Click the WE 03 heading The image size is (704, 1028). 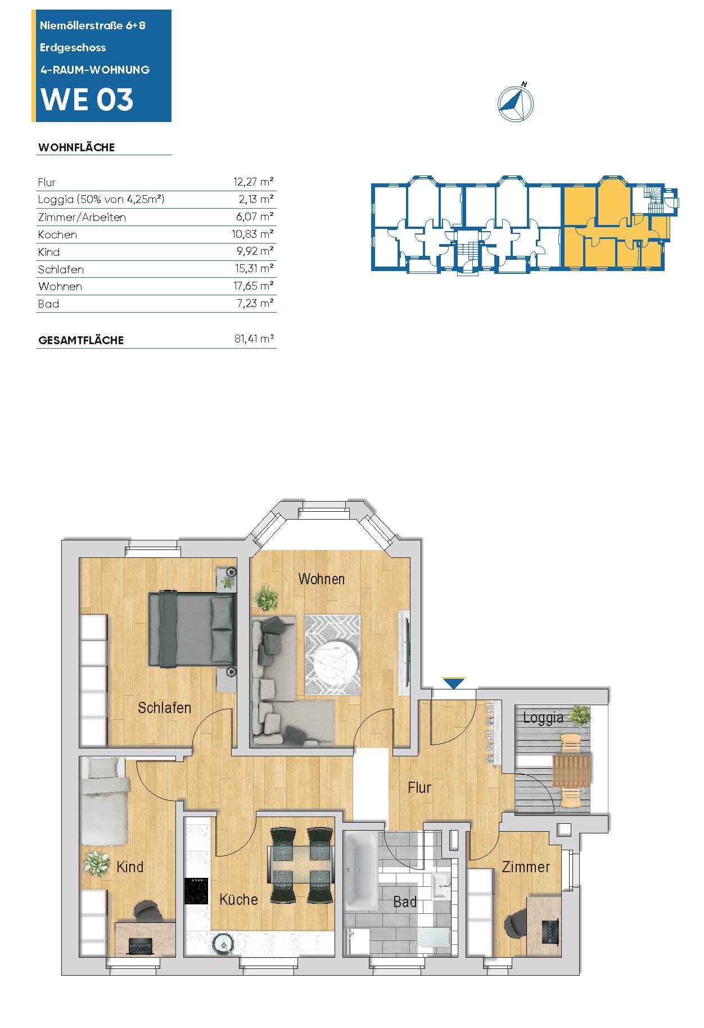tap(87, 100)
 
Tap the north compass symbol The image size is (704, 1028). tap(515, 103)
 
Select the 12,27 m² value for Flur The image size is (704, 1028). tap(253, 182)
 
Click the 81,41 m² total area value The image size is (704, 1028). tap(254, 339)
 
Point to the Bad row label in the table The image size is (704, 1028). tap(48, 304)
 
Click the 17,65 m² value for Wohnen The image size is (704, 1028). tap(253, 286)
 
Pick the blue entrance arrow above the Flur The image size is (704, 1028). tap(454, 683)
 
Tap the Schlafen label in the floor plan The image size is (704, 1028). tap(165, 707)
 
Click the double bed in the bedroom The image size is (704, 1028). tap(192, 629)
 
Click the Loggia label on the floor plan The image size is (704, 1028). tap(543, 718)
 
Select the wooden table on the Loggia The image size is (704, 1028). tap(571, 770)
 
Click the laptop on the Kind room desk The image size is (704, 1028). tap(141, 946)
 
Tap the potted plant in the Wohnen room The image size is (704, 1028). tap(267, 598)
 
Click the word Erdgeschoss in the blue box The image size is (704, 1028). tap(73, 48)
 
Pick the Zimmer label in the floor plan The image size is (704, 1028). tap(526, 867)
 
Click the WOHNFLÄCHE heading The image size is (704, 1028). tap(76, 147)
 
